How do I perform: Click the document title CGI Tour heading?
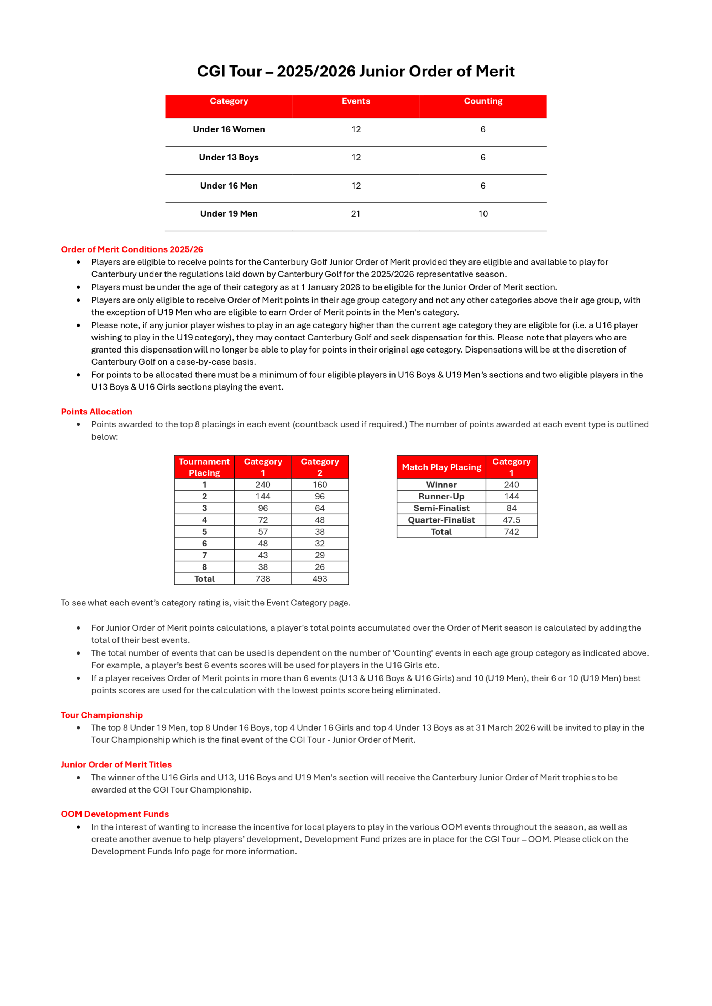tap(356, 72)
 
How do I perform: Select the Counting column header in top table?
tap(483, 101)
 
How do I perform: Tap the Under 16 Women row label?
tap(229, 129)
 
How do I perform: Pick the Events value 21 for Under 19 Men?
tap(356, 214)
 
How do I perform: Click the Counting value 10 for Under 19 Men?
tap(483, 214)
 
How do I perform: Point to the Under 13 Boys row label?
tap(229, 157)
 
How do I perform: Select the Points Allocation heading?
tap(96, 412)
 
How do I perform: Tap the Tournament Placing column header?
tap(204, 467)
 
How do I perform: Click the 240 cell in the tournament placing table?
tap(263, 485)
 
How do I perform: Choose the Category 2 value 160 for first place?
tap(320, 485)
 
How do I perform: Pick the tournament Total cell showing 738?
tap(263, 579)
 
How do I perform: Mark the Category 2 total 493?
tap(320, 579)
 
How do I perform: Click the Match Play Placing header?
tap(441, 467)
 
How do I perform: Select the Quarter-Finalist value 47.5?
tap(511, 520)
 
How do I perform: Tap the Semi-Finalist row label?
tap(441, 508)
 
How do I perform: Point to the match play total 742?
tap(511, 532)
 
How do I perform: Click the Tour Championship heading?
tap(102, 715)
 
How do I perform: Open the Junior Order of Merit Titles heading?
tap(116, 764)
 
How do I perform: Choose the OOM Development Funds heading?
tap(115, 814)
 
